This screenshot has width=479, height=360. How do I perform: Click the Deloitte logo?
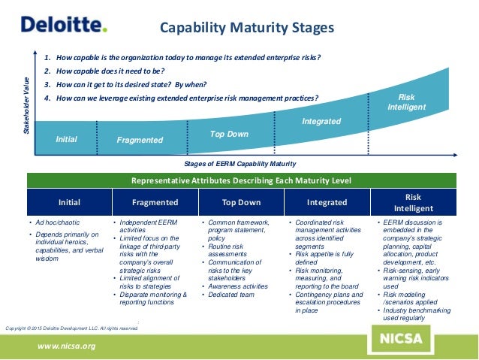pyautogui.click(x=64, y=25)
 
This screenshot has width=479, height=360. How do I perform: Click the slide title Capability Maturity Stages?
pyautogui.click(x=247, y=29)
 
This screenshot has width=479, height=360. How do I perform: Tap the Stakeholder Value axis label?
pyautogui.click(x=27, y=104)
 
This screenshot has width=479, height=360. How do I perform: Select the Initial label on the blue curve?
pyautogui.click(x=67, y=138)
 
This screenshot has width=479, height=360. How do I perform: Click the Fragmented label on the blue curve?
pyautogui.click(x=140, y=140)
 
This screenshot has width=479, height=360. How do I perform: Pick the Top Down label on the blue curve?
pyautogui.click(x=229, y=134)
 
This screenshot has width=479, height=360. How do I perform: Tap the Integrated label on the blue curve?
pyautogui.click(x=321, y=121)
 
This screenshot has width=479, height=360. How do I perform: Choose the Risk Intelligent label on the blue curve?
pyautogui.click(x=406, y=102)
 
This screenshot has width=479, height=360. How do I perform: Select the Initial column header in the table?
pyautogui.click(x=69, y=202)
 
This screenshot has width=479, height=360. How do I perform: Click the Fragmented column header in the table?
pyautogui.click(x=155, y=202)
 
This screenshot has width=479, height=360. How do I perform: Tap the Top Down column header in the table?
pyautogui.click(x=242, y=202)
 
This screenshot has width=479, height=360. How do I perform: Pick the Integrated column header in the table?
pyautogui.click(x=327, y=202)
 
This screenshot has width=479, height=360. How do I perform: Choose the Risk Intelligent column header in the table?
pyautogui.click(x=414, y=202)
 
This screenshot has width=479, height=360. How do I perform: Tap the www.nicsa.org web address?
pyautogui.click(x=68, y=346)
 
